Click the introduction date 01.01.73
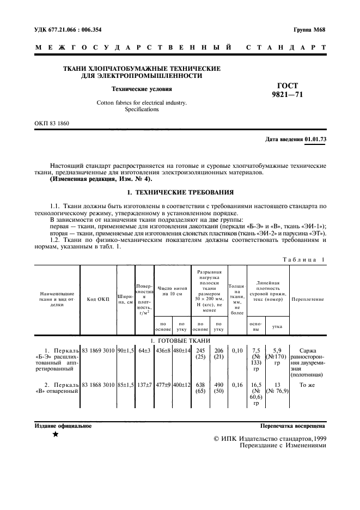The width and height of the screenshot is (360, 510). coord(315,139)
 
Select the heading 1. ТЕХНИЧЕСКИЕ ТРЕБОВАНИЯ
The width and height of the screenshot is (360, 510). coord(180,192)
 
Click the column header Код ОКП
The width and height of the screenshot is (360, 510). coord(98,299)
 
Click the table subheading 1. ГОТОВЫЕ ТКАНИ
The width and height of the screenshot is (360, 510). coord(180,341)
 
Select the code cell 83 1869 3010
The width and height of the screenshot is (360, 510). coord(98,350)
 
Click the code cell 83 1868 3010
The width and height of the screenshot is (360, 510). coord(98,385)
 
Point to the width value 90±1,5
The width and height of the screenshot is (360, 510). coord(126,350)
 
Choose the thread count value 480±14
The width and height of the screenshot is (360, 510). coord(182,350)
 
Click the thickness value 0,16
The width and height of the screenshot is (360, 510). coord(237,385)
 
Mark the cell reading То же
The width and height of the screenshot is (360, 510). coord(308,385)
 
